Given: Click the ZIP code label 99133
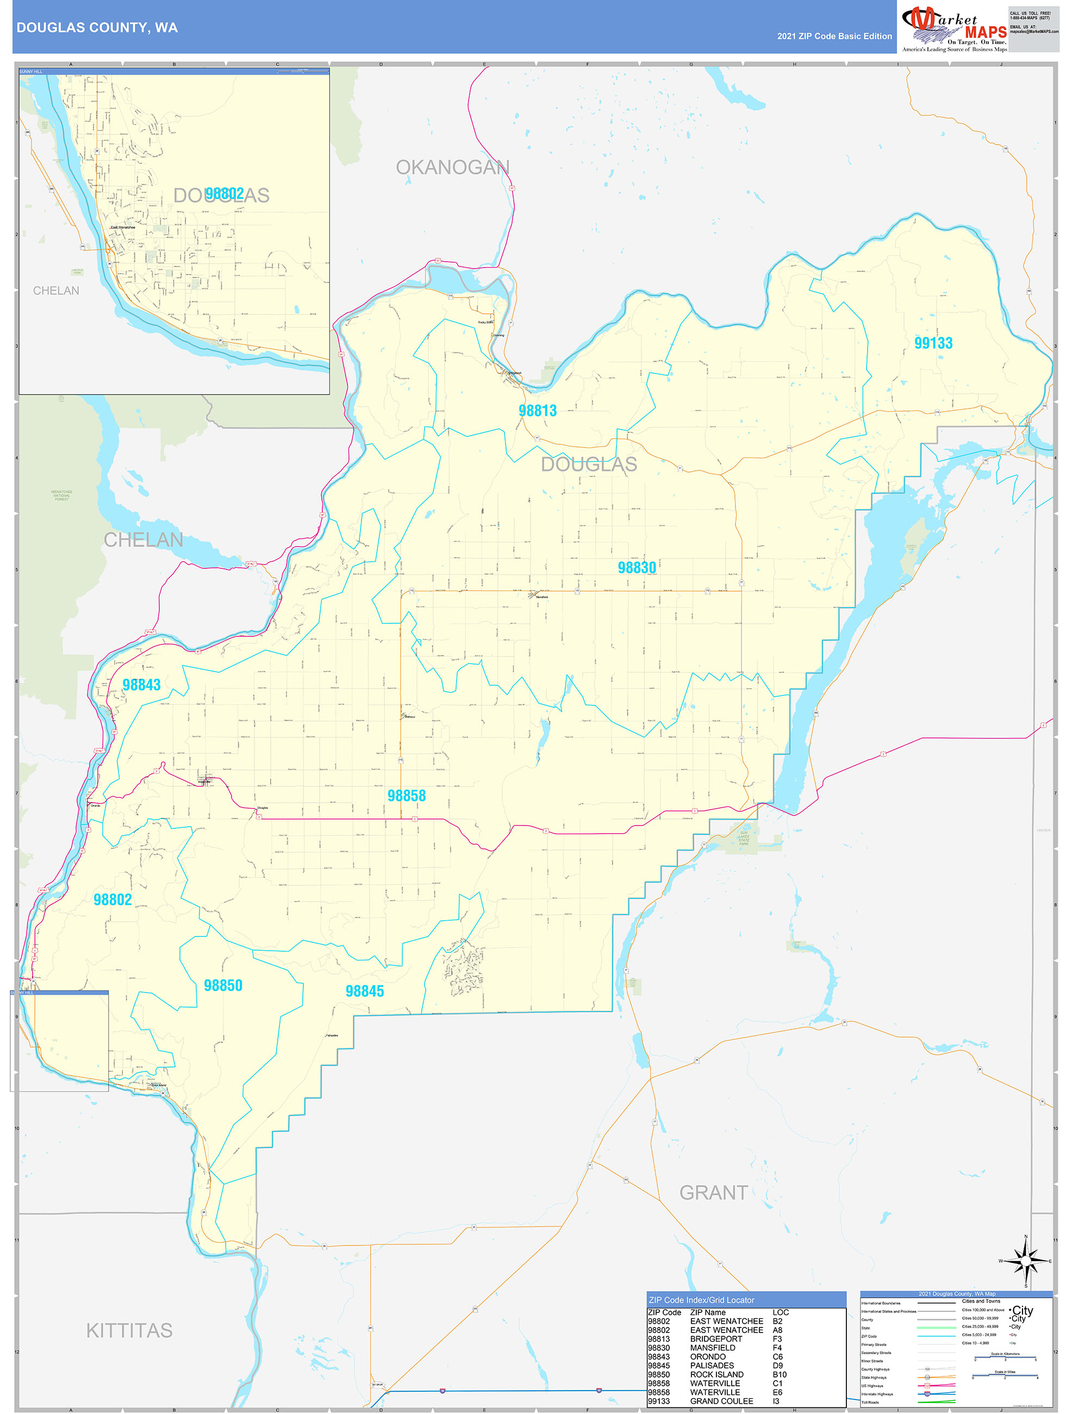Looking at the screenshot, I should coord(933,343).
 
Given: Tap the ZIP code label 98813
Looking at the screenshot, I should coord(538,411).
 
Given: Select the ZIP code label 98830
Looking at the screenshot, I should coord(637,568).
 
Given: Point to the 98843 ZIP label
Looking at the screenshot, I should coord(141,685).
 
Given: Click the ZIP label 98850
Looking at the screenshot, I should coord(223,985).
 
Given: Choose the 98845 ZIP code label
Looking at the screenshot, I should coord(364,991).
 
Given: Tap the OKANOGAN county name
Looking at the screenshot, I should coord(452,168).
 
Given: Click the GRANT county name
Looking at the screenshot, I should coord(713,1193).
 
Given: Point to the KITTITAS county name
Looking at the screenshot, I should coord(129,1330).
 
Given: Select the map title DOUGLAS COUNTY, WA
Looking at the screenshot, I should coord(97,28).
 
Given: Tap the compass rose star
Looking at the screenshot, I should coord(1026,1261).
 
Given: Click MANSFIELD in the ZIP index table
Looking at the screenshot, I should coord(713,1348).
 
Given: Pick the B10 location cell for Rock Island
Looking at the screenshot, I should coord(780,1374).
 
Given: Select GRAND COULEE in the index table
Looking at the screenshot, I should coord(721,1401).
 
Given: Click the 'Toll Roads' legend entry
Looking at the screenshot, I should coord(870,1403).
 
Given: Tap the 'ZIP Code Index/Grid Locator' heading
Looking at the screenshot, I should coord(701,1300).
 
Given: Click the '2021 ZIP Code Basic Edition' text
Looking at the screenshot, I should coord(834,36).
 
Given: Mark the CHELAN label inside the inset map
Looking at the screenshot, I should coord(56,291).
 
